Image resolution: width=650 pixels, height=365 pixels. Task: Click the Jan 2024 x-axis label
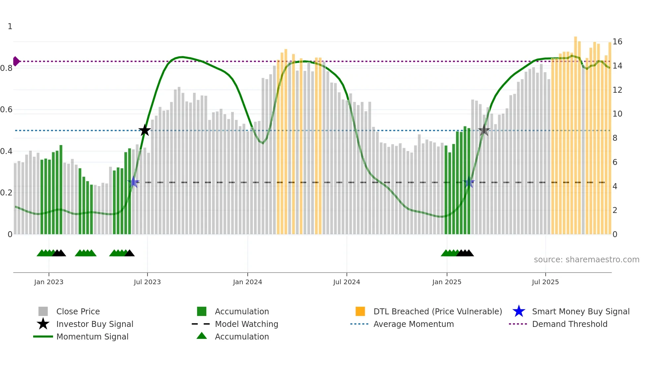pos(247,282)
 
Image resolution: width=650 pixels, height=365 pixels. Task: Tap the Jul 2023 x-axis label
pos(147,282)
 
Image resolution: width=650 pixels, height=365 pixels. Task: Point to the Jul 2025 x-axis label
pos(545,282)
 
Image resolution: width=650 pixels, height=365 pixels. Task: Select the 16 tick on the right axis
pos(617,42)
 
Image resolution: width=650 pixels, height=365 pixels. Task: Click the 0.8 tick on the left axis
pos(7,68)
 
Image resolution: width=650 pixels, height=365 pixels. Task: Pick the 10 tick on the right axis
pos(617,114)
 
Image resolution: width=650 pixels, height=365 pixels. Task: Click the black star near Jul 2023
pos(145,130)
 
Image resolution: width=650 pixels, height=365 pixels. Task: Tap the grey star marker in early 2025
pos(484,130)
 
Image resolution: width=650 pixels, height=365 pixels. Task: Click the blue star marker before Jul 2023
pos(134,182)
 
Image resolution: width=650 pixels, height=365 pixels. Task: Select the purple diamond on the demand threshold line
pos(16,61)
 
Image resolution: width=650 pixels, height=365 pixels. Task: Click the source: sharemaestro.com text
pos(586,260)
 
